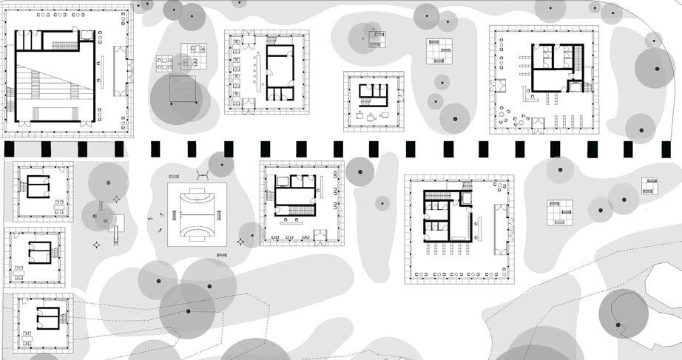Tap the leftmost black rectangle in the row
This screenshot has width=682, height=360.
(9, 149)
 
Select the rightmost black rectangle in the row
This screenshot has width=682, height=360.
(664, 149)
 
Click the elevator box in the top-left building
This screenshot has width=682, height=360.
(87, 34)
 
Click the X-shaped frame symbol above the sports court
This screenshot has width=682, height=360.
(201, 175)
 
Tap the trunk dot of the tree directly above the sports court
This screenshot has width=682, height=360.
(220, 164)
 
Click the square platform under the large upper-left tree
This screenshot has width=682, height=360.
(182, 90)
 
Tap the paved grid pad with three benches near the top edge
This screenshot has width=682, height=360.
(439, 50)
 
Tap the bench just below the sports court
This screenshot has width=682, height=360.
(222, 255)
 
